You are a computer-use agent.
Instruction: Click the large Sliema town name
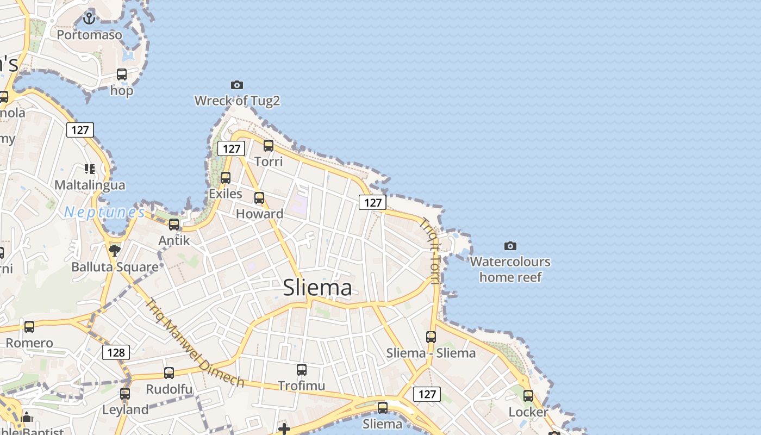317,288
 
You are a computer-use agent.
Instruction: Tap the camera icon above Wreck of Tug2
237,85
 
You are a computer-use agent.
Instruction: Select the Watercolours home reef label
510,269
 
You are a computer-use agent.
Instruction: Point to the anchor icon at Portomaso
89,19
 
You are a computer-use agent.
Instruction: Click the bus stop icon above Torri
269,146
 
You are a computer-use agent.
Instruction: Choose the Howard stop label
259,214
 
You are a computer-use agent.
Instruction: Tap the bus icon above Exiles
226,177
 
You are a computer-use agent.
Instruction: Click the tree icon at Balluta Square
114,250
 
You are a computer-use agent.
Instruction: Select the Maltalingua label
90,185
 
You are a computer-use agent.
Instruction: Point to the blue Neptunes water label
104,212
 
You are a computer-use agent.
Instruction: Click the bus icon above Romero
29,327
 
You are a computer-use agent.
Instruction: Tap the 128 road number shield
116,352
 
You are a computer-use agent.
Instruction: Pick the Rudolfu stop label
169,389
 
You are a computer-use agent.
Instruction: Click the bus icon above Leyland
125,393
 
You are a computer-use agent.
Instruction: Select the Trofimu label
301,386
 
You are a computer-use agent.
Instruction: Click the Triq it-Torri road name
430,250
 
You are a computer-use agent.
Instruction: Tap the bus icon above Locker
528,396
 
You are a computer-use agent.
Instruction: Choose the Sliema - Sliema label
431,353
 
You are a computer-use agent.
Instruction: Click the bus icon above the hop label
122,74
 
